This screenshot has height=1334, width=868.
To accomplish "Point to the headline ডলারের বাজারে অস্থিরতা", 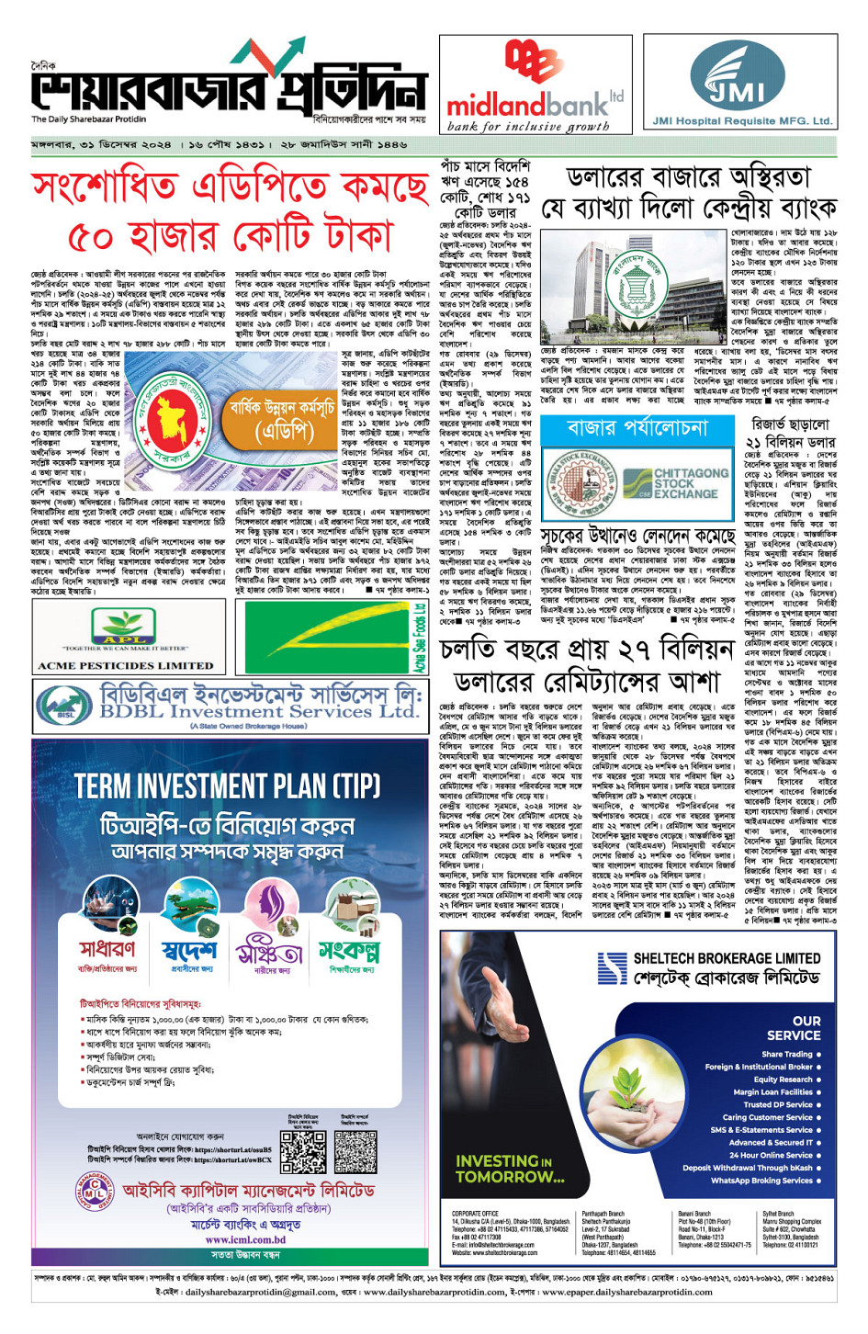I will point(688,177).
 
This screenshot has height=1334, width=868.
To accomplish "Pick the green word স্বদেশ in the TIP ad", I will point(189,950).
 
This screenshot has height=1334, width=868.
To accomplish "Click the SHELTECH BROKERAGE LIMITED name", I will point(726,957).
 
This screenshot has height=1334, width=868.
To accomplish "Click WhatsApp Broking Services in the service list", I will point(761,1181).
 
